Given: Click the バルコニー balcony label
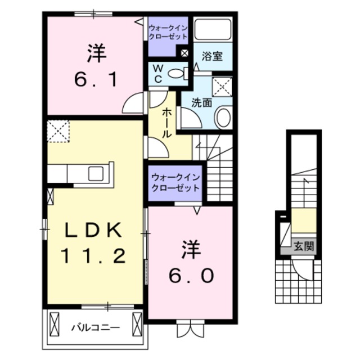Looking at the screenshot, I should pos(94,326).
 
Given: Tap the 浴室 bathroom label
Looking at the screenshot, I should pos(212,57).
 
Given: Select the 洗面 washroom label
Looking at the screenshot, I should pos(201,103).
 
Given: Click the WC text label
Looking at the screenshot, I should pos(159,74).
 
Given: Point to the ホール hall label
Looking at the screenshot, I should pos(167,124).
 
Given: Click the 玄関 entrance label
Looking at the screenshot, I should pos(303,246).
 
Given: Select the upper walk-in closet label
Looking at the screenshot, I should pos(169,32).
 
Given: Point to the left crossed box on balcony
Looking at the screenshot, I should pos(56,325).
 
